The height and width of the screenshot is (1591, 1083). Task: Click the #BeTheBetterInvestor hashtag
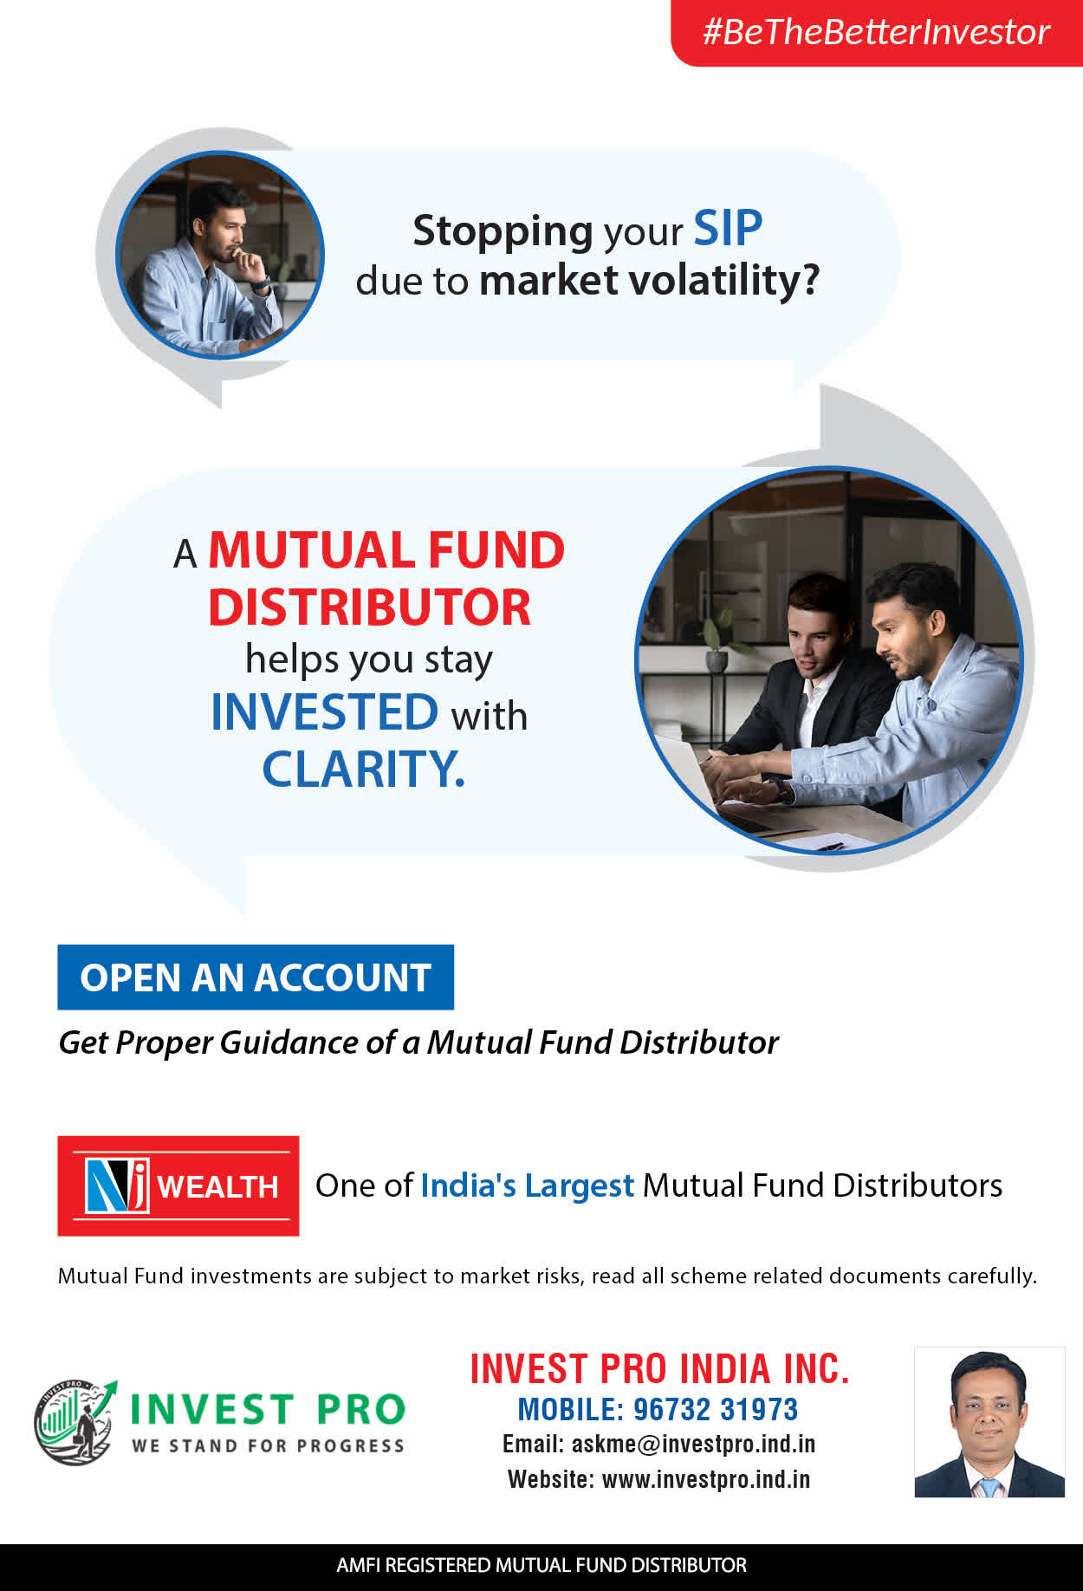[x=876, y=32]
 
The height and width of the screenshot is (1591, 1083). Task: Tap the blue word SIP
[x=728, y=229]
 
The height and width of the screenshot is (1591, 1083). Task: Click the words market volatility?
[x=649, y=281]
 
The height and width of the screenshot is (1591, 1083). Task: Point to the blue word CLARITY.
[x=364, y=769]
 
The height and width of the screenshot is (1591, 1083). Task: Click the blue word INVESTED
[x=325, y=712]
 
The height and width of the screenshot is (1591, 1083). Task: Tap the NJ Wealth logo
[x=178, y=1185]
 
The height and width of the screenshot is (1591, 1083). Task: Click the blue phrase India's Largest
[x=528, y=1185]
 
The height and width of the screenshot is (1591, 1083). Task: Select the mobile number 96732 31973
[x=716, y=1410]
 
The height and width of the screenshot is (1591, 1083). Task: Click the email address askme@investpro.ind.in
[x=693, y=1444]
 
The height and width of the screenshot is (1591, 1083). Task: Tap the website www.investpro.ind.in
[x=706, y=1479]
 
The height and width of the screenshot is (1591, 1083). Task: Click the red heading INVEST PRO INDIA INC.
[x=659, y=1369]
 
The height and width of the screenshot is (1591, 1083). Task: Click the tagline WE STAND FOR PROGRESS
[x=268, y=1445]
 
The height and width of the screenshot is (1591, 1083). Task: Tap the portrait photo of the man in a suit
[x=989, y=1422]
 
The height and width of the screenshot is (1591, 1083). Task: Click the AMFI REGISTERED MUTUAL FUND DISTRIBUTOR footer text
[x=541, y=1565]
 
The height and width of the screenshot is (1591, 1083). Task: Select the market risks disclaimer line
[x=547, y=1276]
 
